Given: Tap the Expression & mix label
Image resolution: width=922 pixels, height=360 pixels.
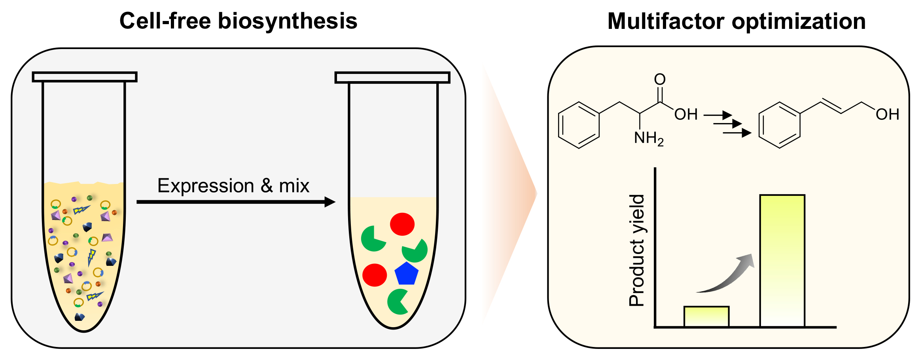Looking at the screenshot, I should [233, 186].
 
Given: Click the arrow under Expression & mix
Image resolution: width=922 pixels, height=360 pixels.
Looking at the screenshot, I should [236, 202].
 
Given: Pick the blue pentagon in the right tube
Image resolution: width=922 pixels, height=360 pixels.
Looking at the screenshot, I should [406, 274].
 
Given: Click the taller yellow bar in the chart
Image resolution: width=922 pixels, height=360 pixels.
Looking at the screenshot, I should [782, 261].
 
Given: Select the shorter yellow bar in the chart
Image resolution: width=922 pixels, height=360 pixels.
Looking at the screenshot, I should [706, 316].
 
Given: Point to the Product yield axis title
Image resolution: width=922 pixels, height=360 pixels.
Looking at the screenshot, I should [636, 250].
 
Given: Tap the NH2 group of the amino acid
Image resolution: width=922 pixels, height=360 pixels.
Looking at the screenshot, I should [648, 138].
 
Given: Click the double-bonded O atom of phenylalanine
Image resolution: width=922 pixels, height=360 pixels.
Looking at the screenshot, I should [660, 79].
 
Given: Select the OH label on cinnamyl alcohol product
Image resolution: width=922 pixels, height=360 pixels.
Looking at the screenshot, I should [887, 114].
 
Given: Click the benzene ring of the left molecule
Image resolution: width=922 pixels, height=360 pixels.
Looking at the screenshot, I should [579, 125].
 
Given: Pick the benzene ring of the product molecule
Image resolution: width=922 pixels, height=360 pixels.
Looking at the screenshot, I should [779, 125].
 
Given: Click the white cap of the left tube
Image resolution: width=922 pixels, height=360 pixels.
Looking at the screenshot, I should [85, 77].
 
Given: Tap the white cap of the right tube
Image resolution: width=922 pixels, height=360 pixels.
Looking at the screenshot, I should [392, 78].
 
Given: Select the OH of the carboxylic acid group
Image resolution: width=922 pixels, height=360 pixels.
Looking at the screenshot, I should [686, 114].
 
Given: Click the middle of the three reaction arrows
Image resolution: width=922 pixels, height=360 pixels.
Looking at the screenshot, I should [727, 124].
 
